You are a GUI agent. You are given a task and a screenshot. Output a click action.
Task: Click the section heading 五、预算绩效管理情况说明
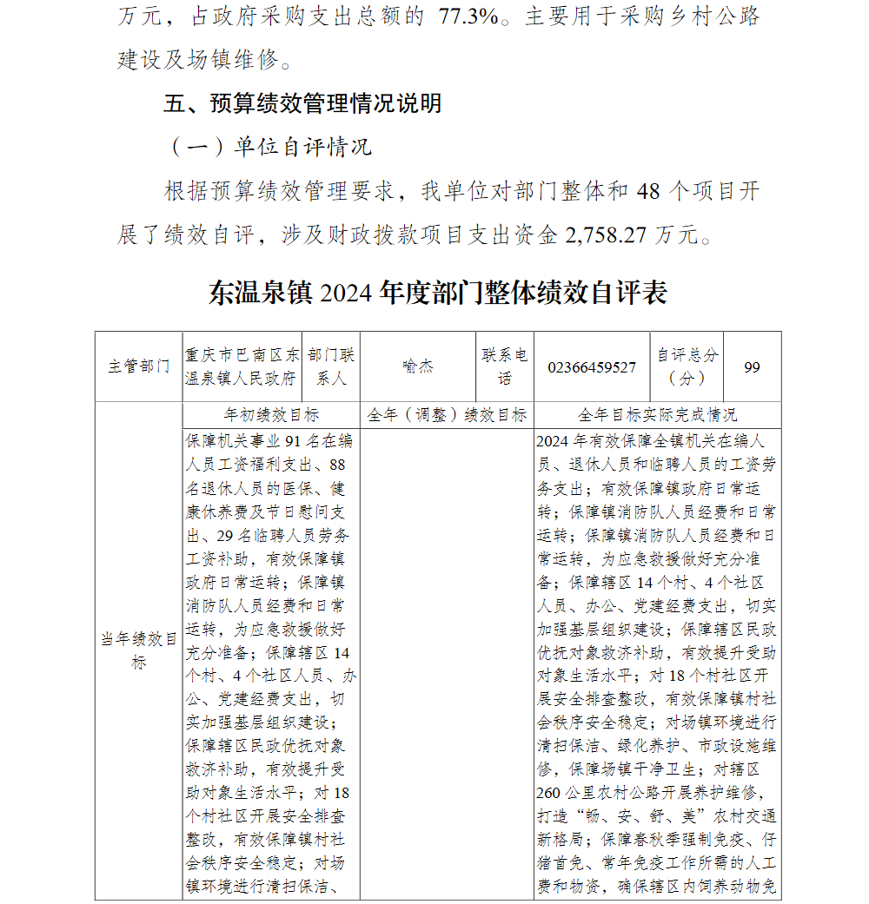coord(302,104)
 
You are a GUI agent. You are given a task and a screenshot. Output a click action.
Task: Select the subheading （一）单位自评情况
coord(269,147)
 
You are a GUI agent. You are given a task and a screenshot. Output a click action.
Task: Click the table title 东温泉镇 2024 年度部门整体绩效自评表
coord(437,294)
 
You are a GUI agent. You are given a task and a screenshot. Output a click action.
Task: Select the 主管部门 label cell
coord(138,366)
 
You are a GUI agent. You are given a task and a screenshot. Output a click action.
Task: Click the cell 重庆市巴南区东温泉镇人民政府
coord(242,366)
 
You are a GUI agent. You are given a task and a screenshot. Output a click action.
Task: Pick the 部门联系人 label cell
coord(330,366)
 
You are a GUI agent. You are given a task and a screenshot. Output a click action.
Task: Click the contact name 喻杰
coord(418,366)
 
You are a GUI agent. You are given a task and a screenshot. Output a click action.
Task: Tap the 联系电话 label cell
coord(505,366)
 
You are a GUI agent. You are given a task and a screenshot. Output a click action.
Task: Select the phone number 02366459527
coord(592,367)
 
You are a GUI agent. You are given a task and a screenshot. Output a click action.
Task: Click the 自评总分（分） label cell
coord(687,366)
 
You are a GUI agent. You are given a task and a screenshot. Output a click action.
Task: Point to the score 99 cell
coord(752,367)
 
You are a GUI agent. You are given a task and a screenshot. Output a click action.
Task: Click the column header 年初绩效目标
coord(271,414)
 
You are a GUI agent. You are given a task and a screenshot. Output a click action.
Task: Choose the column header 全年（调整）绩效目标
coord(447,414)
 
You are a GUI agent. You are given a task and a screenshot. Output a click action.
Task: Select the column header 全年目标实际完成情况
coord(657,414)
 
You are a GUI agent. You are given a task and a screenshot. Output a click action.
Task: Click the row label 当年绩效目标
coord(138,651)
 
